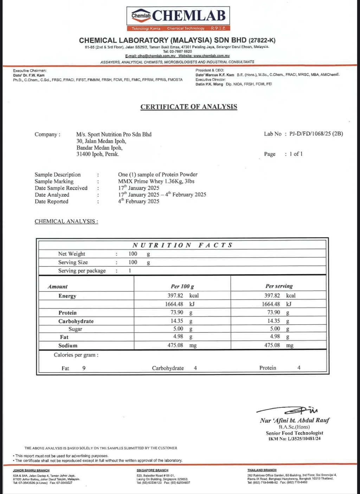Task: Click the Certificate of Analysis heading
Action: (x=189, y=107)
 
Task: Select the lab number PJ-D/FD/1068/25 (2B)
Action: (x=316, y=134)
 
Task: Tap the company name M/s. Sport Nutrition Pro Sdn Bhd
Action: (x=114, y=134)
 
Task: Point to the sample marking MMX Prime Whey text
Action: (x=156, y=181)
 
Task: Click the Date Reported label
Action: (x=51, y=202)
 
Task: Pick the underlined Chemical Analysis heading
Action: (x=66, y=221)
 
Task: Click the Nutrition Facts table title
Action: (x=182, y=245)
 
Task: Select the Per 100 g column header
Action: (x=182, y=286)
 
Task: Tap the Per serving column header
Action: (x=279, y=286)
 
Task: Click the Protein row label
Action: (x=67, y=313)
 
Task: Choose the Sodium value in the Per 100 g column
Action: (x=175, y=346)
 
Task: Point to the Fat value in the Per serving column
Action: (x=275, y=337)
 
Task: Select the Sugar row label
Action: (x=75, y=329)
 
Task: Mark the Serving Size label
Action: (x=73, y=262)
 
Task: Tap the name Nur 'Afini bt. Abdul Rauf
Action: (x=295, y=420)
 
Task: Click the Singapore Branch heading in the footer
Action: (x=152, y=470)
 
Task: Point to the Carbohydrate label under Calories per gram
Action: (x=168, y=368)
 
